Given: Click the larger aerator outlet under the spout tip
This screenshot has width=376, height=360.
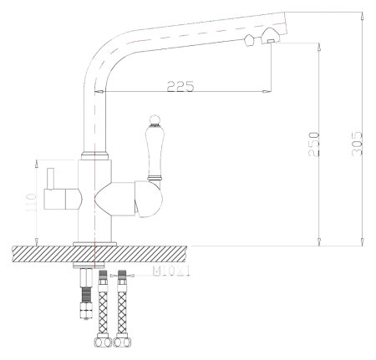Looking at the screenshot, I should (x=272, y=36).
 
